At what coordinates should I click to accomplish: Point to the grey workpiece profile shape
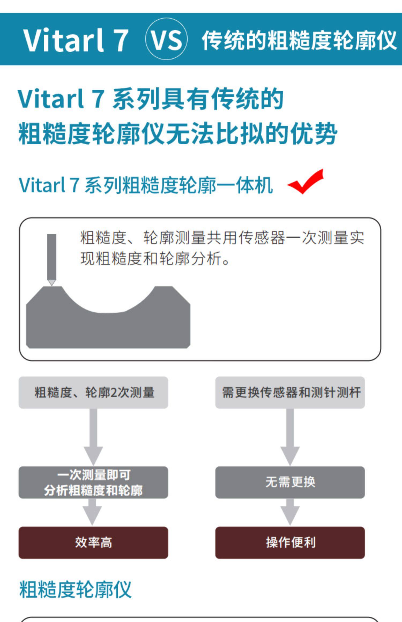[x=108, y=327]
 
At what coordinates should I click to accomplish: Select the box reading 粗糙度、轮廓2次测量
[x=93, y=392]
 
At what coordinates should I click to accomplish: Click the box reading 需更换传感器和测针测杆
[x=290, y=392]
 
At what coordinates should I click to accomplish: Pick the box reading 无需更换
[x=290, y=482]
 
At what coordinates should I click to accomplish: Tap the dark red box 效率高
[x=93, y=543]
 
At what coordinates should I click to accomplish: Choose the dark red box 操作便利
[x=290, y=543]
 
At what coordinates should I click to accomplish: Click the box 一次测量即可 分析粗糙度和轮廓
[x=93, y=482]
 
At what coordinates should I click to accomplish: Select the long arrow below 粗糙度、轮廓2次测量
[x=93, y=437]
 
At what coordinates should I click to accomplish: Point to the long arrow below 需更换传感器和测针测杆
[x=290, y=437]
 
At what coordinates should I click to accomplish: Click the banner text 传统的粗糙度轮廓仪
[x=299, y=40]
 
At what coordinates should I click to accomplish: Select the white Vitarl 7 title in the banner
[x=76, y=40]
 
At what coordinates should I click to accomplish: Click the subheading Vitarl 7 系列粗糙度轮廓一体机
[x=146, y=185]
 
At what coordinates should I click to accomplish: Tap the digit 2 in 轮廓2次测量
[x=114, y=393]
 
